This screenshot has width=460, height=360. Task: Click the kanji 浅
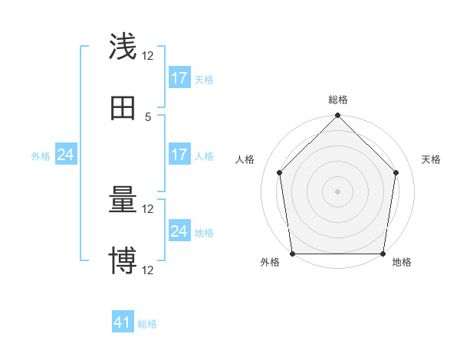[123, 47]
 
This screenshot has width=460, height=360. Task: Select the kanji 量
[123, 201]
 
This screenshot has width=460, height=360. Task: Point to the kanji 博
[123, 261]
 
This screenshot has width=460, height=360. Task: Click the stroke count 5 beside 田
[148, 116]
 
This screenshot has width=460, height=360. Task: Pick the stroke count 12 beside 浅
[148, 55]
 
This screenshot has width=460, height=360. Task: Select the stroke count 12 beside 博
[148, 270]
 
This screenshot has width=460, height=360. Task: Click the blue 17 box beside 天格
[179, 78]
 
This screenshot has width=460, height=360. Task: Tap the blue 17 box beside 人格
[179, 155]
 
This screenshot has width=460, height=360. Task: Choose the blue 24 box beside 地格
[179, 231]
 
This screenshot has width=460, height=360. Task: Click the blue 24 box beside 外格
[66, 155]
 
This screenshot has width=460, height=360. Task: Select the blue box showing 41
[123, 322]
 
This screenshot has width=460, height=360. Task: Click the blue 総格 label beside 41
[147, 324]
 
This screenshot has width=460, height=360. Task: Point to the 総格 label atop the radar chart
[338, 100]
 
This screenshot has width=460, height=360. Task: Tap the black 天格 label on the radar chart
[431, 159]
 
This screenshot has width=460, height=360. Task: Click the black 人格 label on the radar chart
[245, 159]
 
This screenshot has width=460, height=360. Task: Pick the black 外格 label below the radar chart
[270, 263]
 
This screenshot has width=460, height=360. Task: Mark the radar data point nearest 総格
[338, 116]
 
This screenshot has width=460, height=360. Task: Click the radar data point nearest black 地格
[383, 254]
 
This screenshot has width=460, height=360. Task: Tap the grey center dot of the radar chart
[338, 191]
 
